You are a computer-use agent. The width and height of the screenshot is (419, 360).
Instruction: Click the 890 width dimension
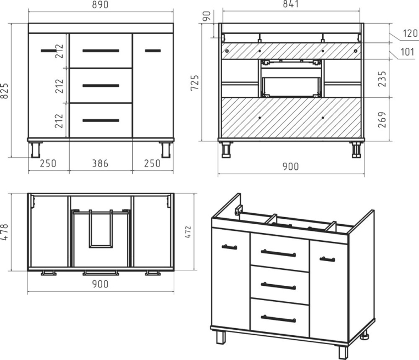click(100, 5)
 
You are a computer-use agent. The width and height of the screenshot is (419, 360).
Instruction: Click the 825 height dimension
click(5, 91)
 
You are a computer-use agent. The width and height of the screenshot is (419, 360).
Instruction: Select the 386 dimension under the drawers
click(100, 163)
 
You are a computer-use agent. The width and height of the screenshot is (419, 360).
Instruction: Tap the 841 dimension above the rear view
click(291, 4)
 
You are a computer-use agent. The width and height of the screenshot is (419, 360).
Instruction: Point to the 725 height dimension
click(195, 82)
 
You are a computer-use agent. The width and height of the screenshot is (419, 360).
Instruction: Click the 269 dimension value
click(382, 120)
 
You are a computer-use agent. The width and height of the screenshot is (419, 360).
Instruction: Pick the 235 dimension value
click(382, 79)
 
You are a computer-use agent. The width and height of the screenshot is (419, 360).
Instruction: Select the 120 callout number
click(410, 34)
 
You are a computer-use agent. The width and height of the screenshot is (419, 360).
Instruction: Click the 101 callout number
click(407, 52)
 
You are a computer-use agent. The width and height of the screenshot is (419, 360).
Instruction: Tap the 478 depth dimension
click(5, 232)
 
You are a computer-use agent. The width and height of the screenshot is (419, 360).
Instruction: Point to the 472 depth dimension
click(188, 232)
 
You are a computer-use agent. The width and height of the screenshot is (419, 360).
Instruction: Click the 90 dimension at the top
click(207, 16)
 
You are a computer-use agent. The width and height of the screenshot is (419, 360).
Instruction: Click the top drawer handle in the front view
click(101, 51)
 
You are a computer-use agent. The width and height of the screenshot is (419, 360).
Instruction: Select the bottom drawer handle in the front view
click(101, 120)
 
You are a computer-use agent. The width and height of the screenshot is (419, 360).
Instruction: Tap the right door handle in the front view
click(153, 51)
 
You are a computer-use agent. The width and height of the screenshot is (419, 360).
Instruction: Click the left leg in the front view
click(36, 149)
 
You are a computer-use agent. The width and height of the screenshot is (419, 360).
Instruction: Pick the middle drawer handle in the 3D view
click(278, 286)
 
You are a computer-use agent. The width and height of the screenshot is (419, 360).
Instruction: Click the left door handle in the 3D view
click(229, 247)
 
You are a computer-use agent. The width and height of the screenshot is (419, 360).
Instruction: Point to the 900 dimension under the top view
click(100, 284)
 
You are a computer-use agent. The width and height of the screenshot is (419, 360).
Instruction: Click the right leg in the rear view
click(356, 150)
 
